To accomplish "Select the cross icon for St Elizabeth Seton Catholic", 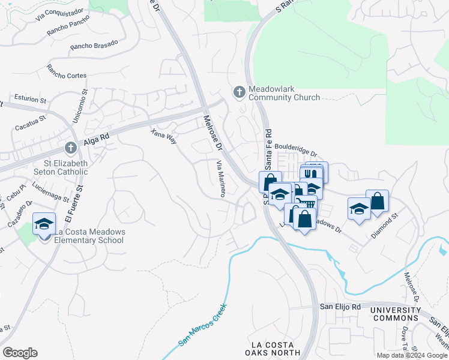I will click(x=70, y=148).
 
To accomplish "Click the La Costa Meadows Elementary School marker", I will click(x=44, y=224).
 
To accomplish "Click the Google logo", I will click(x=20, y=353).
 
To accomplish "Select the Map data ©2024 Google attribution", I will click(x=412, y=355).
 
